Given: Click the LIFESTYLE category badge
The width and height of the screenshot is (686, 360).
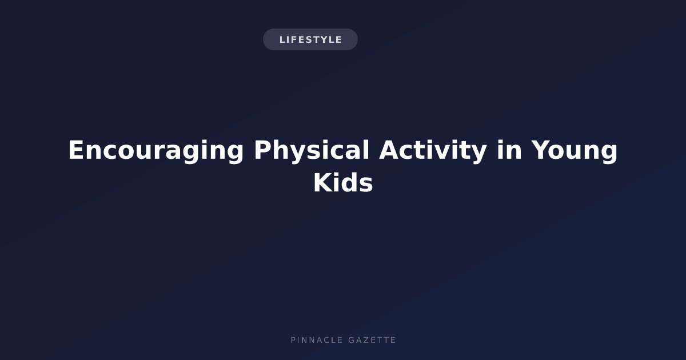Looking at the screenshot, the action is coord(310,39).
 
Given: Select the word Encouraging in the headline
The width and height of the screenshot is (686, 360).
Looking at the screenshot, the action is coord(156,151).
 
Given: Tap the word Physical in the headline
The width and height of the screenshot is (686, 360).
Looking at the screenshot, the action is coord(312,151).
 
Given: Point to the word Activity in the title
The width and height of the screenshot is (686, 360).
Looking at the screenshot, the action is coord(433,151).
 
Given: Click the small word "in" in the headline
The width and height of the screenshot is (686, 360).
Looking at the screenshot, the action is coord(509,150).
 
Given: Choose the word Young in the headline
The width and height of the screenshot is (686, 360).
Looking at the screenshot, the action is coord(574,151).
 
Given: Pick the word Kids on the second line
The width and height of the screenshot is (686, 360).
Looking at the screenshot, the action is coord(343,183).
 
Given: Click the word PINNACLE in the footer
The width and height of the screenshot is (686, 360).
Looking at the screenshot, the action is coord(317,340).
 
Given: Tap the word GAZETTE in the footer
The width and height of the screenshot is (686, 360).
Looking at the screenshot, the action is coord(372,340).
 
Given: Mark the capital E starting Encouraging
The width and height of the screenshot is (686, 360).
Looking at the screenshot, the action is coord(76,150).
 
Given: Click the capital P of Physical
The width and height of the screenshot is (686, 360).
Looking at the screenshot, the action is coord(263,150).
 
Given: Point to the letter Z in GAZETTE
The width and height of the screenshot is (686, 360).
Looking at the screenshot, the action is coord(366,340).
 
